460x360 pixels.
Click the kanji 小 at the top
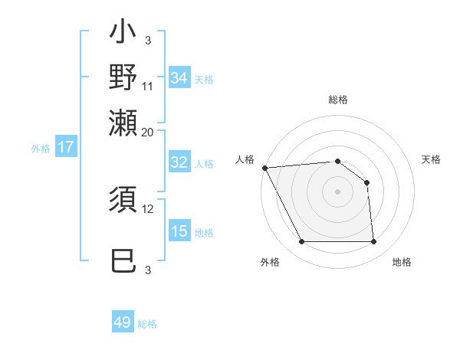pos(123,34)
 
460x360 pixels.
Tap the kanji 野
pos(123,78)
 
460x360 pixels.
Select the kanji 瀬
pos(123,123)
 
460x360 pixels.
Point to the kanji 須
pos(123,201)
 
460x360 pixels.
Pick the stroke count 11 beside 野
pos(148,86)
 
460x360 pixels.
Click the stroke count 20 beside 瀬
pos(148,131)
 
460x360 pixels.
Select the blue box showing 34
pos(179,77)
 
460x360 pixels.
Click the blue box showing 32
pos(179,162)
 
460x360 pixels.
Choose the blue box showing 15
pos(179,231)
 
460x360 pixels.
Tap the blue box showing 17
pos(66,147)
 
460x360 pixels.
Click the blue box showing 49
pos(123,322)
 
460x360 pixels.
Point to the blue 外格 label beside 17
pos(41,149)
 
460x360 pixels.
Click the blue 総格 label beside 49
pos(147,324)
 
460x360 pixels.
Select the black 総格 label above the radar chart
pos(337,100)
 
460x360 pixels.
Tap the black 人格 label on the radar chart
pos(245,159)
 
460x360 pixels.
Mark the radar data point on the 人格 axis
pos(264,168)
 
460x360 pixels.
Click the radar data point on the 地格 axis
pos(373,242)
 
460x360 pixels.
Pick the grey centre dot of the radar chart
pos(337,191)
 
